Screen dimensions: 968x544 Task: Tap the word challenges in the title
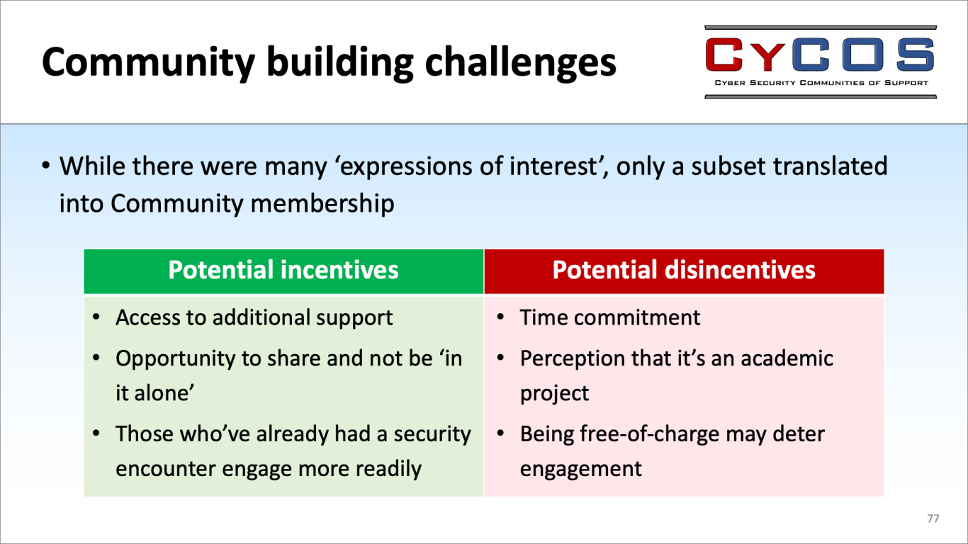(x=520, y=62)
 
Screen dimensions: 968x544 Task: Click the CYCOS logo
(x=821, y=62)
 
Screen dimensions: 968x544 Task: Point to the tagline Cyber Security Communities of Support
(x=821, y=83)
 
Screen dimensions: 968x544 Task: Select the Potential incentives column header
(x=283, y=270)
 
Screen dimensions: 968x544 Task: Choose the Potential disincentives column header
(x=684, y=270)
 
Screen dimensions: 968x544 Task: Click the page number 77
(x=933, y=518)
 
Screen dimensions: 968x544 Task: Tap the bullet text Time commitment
(x=609, y=317)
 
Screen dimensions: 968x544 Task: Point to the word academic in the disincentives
(x=787, y=358)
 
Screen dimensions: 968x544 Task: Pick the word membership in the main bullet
(x=322, y=203)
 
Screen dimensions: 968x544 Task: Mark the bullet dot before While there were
(x=46, y=166)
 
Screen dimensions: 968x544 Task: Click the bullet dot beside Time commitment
(x=500, y=317)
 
